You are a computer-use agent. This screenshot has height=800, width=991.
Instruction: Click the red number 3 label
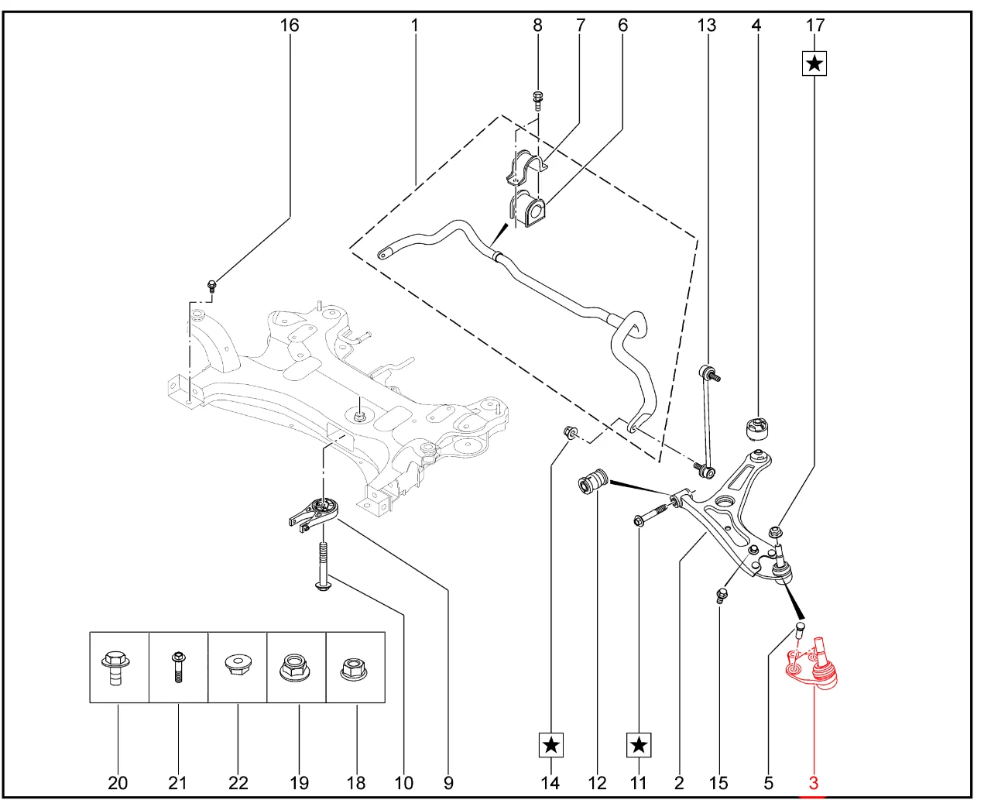[x=813, y=783]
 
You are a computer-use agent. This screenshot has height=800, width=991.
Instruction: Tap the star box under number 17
[x=814, y=63]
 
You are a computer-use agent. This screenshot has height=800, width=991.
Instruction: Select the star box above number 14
[x=550, y=745]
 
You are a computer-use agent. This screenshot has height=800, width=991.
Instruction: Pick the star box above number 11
[x=639, y=745]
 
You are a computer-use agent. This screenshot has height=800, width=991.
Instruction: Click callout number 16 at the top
[x=289, y=26]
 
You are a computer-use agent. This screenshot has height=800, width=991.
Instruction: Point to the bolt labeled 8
[x=538, y=99]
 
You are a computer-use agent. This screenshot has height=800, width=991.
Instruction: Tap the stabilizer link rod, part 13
[x=705, y=418]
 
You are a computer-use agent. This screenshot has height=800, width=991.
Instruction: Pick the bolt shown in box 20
[x=116, y=667]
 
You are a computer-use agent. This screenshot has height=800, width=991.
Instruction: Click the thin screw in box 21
[x=178, y=666]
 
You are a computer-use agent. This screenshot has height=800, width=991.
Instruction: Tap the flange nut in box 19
[x=296, y=667]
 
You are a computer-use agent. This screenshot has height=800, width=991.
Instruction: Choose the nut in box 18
[x=355, y=667]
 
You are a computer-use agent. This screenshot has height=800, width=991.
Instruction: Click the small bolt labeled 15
[x=722, y=595]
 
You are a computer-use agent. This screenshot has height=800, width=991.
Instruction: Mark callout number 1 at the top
[x=415, y=26]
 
